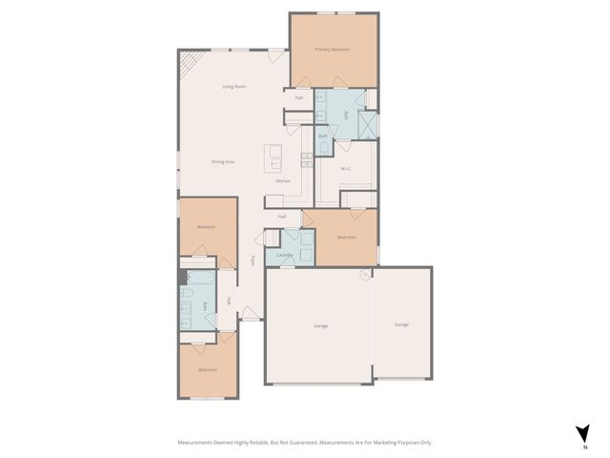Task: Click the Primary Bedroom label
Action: [x=333, y=49]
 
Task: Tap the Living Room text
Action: [x=234, y=87]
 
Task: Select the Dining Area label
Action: [x=223, y=162]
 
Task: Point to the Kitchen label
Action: [x=283, y=181]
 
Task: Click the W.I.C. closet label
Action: [x=347, y=170]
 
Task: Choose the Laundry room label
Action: [x=284, y=256]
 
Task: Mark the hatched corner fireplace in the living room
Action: [x=188, y=65]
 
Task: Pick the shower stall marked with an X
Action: [x=366, y=125]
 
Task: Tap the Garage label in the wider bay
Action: [x=321, y=326]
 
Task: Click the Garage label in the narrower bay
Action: [x=402, y=324]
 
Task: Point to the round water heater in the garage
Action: [x=364, y=275]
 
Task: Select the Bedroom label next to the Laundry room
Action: [x=346, y=237]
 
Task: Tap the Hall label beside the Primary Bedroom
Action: [x=298, y=97]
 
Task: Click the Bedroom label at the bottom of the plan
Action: [x=208, y=369]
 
